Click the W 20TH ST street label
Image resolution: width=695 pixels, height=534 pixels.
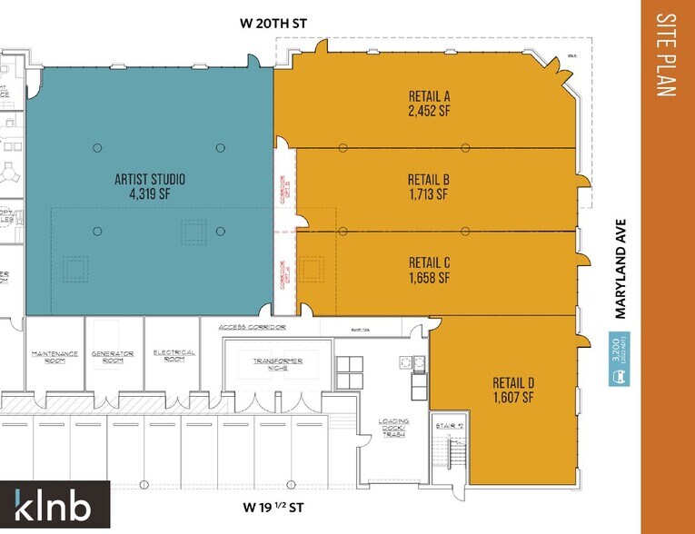tap(282, 25)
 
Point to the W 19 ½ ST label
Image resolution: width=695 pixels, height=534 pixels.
tap(281, 508)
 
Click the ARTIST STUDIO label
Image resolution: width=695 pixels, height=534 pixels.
tap(151, 179)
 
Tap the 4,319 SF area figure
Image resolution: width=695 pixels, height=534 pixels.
tap(151, 194)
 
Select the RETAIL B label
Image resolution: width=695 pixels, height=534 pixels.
tap(430, 179)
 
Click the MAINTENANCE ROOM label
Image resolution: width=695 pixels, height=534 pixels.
tap(55, 357)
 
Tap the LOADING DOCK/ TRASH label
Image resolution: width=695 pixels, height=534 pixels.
tap(394, 428)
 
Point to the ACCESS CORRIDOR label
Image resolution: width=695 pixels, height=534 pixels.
tap(253, 327)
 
